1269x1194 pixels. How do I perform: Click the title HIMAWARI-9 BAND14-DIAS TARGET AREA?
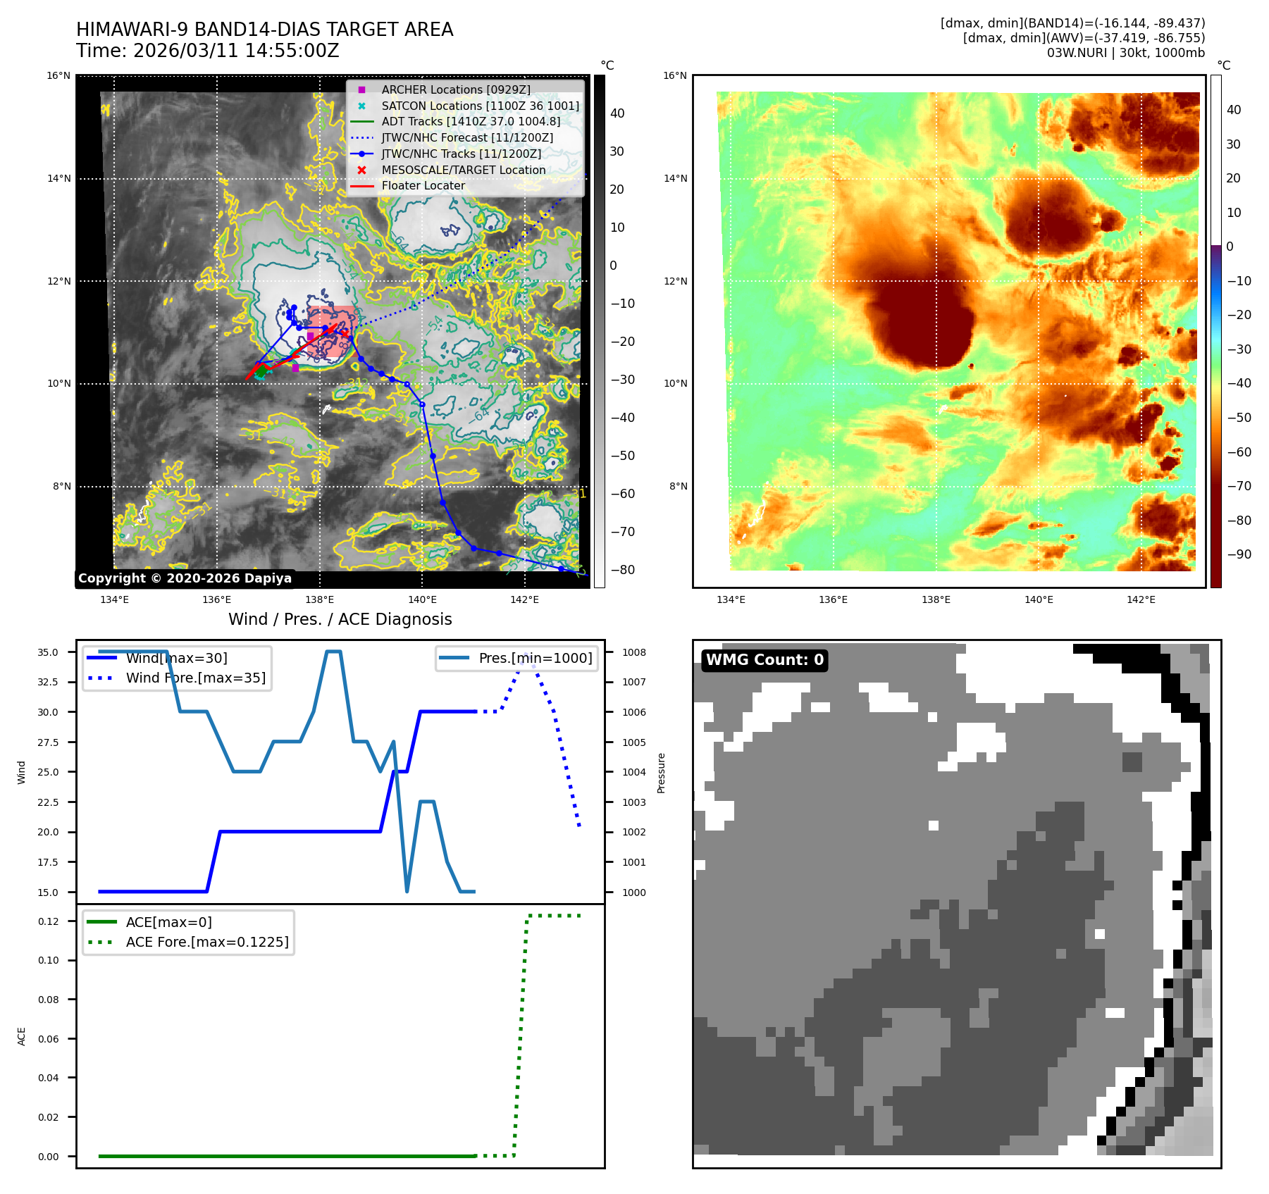click(264, 30)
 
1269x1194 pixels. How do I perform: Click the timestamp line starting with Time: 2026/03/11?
click(208, 51)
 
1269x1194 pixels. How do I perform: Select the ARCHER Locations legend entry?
click(455, 89)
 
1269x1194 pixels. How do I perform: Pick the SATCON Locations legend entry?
click(480, 106)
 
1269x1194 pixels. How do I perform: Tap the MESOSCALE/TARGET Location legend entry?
click(463, 170)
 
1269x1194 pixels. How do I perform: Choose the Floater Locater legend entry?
click(423, 185)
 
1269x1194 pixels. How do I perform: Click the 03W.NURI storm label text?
click(1125, 53)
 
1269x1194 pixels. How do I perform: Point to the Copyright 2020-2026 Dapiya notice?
click(185, 578)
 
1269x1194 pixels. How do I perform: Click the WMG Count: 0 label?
click(765, 660)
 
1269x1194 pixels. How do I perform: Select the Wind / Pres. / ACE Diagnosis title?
click(340, 619)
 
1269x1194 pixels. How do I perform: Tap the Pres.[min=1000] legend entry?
click(535, 658)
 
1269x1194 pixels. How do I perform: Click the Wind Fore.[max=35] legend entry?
click(195, 678)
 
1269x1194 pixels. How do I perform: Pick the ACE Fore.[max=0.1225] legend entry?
click(206, 942)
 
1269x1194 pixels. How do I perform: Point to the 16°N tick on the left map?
click(58, 75)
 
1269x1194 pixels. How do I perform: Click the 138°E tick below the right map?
click(936, 599)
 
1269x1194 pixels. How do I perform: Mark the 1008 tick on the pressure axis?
click(633, 652)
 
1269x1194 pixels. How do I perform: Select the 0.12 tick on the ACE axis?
click(49, 921)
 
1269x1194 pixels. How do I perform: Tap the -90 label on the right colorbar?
click(1239, 554)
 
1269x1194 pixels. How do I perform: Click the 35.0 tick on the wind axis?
click(48, 652)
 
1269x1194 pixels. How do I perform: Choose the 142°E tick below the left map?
click(524, 599)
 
